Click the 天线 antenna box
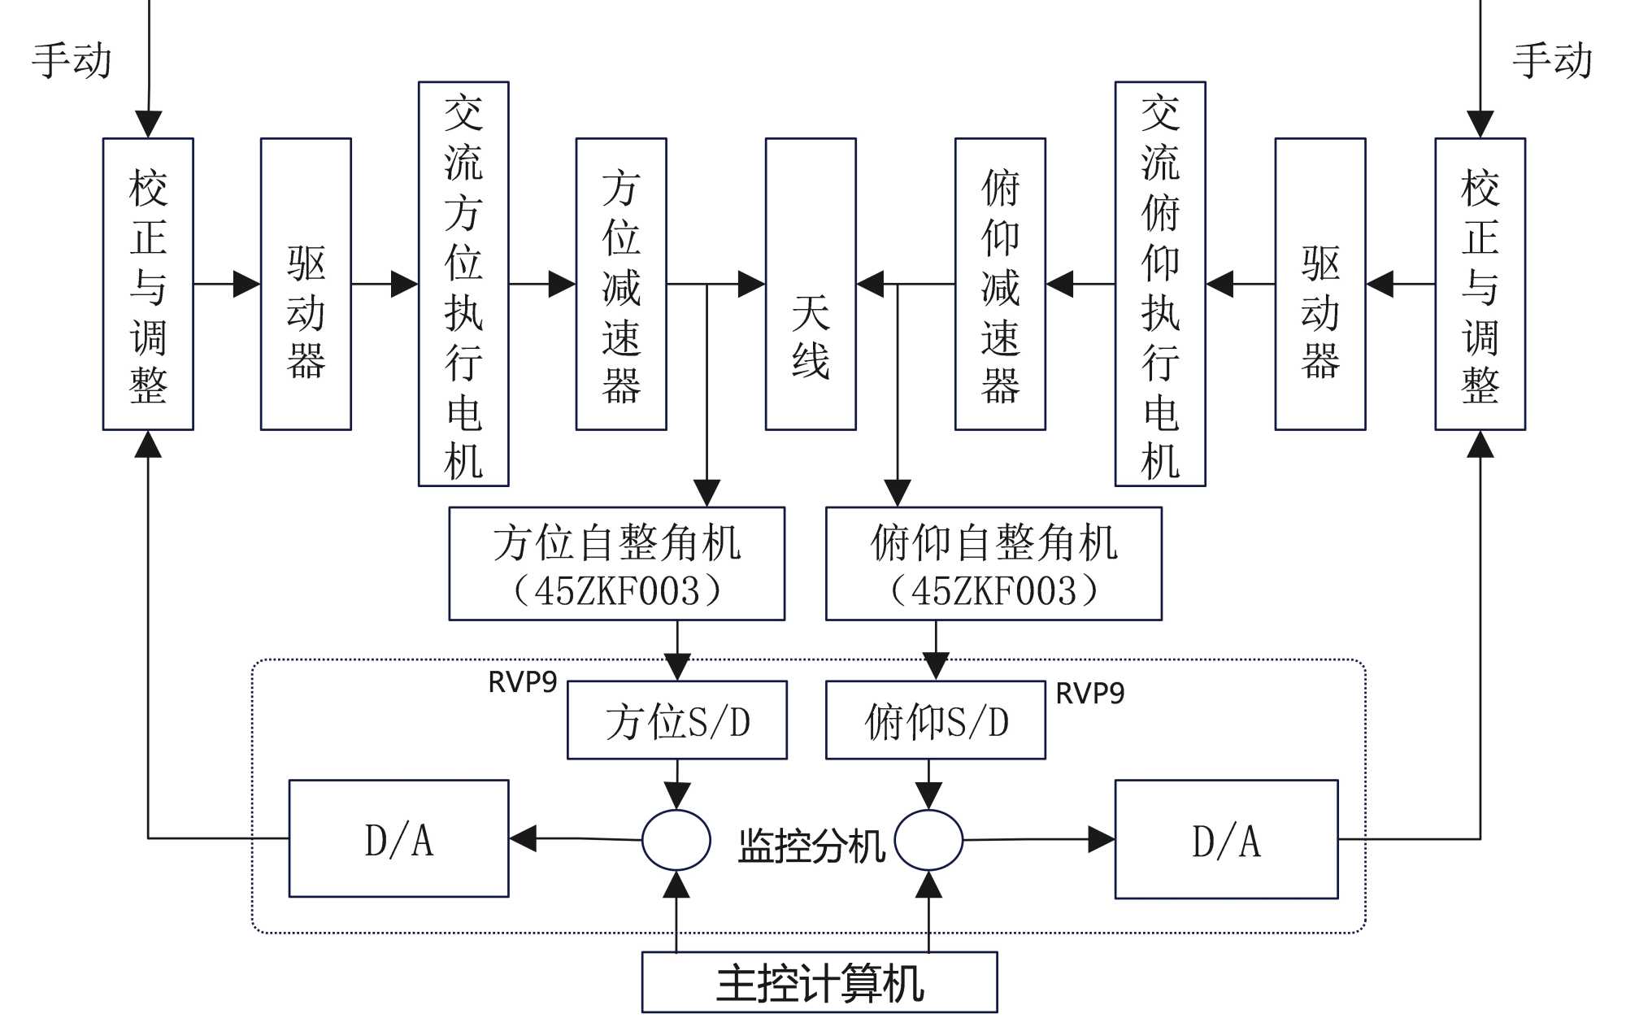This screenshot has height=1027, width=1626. pyautogui.click(x=811, y=284)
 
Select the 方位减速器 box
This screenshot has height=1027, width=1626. pyautogui.click(x=621, y=284)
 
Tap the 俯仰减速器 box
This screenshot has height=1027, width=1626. pyautogui.click(x=1000, y=284)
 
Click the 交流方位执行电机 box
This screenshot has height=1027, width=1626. pyautogui.click(x=463, y=284)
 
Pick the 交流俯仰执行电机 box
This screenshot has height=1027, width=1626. pyautogui.click(x=1160, y=284)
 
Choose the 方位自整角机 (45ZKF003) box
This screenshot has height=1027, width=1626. pyautogui.click(x=617, y=564)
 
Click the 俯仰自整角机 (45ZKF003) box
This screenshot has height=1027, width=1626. pyautogui.click(x=993, y=564)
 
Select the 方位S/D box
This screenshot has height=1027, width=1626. pyautogui.click(x=677, y=720)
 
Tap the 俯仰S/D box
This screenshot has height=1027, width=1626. pyautogui.click(x=936, y=720)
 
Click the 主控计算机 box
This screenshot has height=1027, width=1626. pyautogui.click(x=820, y=982)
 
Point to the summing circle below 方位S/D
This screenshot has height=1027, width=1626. pyautogui.click(x=676, y=840)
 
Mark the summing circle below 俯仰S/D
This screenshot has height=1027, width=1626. pyautogui.click(x=928, y=840)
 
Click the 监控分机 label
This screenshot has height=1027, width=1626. pyautogui.click(x=811, y=846)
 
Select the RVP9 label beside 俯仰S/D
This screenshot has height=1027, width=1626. pyautogui.click(x=1089, y=694)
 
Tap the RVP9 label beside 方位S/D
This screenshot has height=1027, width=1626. pyautogui.click(x=522, y=682)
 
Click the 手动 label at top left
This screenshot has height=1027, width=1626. pyautogui.click(x=72, y=61)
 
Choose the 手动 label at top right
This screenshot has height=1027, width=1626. pyautogui.click(x=1552, y=61)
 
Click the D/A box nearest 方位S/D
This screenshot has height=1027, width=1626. pyautogui.click(x=399, y=839)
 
